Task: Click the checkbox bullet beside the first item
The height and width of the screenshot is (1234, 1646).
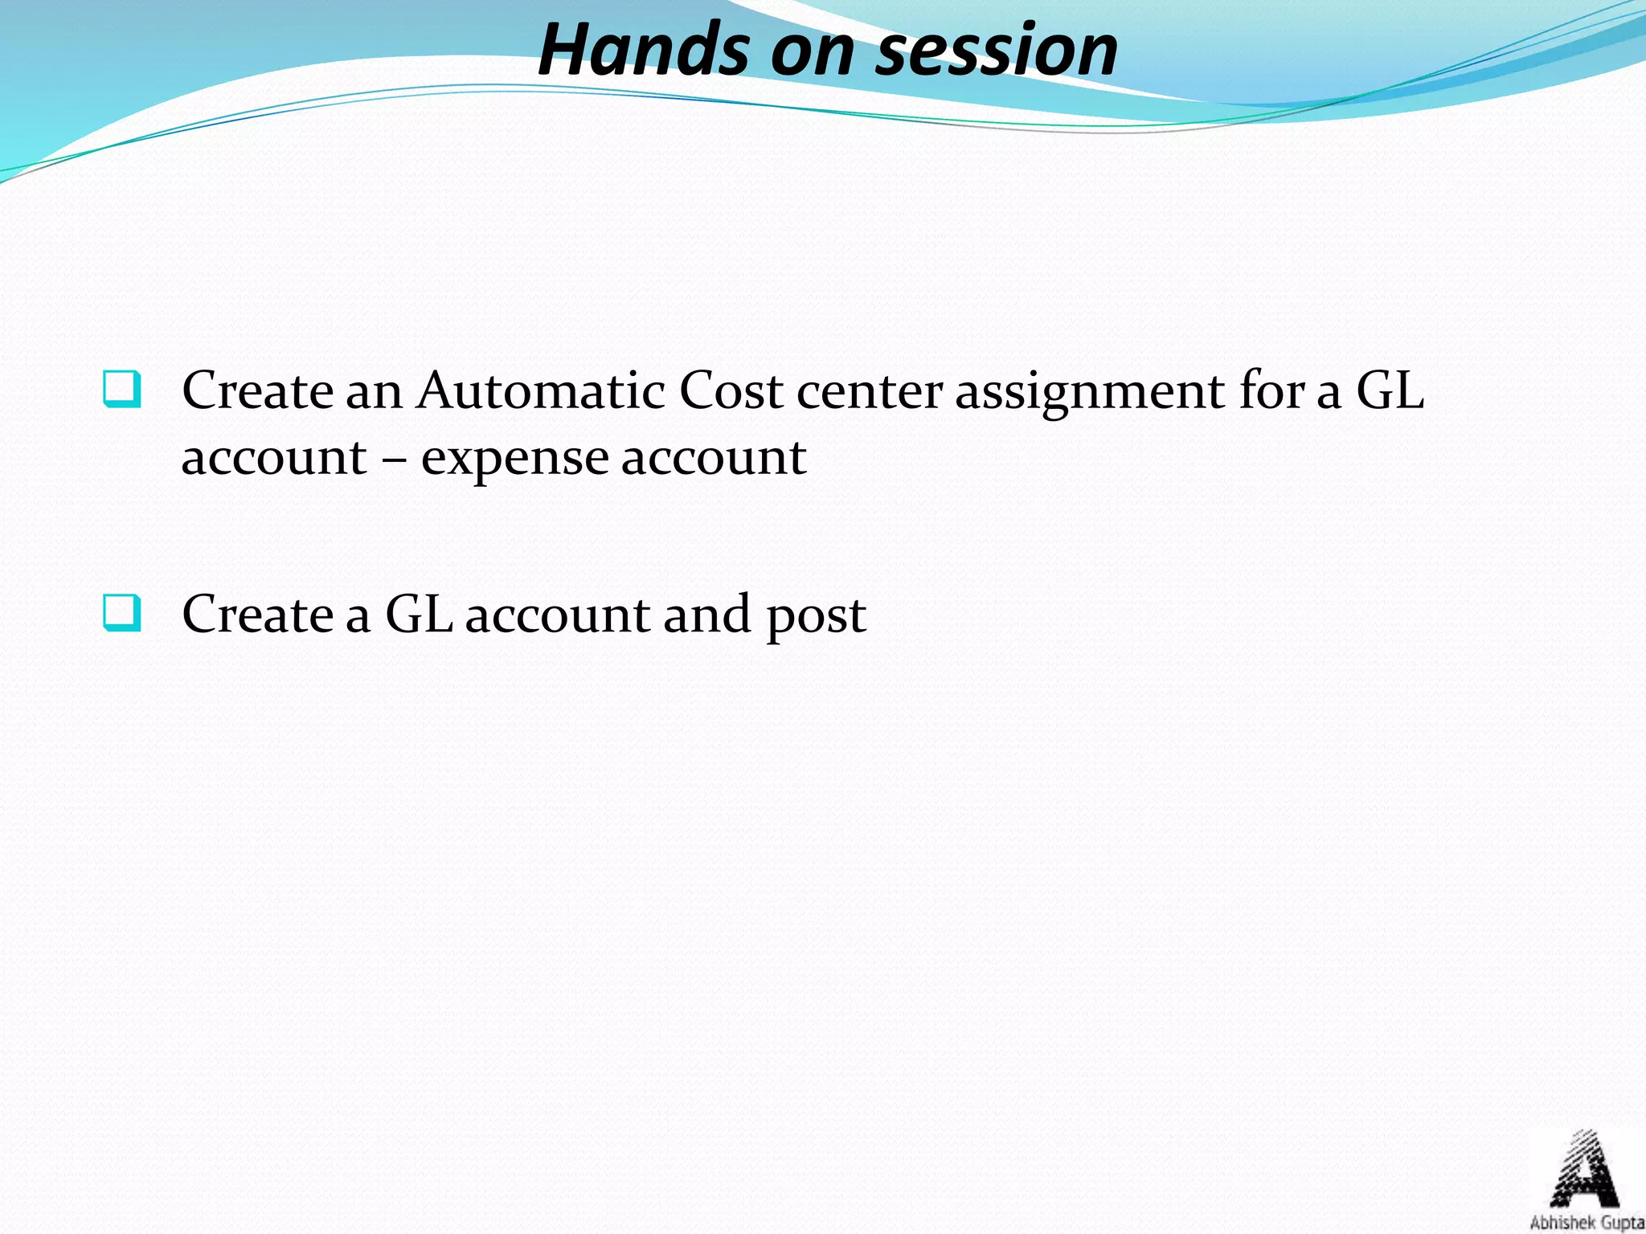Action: (x=122, y=390)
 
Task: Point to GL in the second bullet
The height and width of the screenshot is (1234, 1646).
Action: (x=419, y=615)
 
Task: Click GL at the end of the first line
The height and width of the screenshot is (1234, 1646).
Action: (x=1390, y=391)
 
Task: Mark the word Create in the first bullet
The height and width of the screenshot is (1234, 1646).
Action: (x=257, y=391)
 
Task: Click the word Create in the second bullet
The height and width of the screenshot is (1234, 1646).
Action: (x=257, y=615)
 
